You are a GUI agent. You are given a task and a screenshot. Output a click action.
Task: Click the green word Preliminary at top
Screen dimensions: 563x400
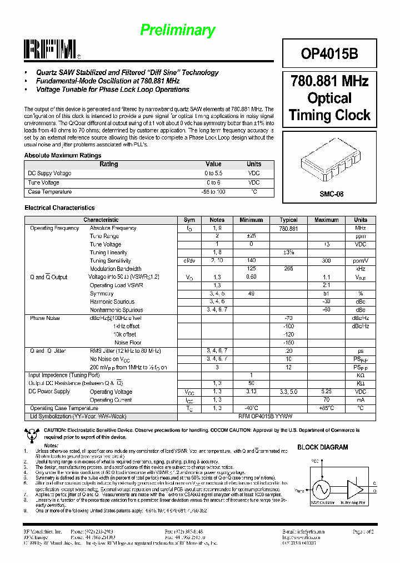(x=177, y=30)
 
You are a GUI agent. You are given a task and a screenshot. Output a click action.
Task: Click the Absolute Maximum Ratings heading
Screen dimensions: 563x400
(x=63, y=156)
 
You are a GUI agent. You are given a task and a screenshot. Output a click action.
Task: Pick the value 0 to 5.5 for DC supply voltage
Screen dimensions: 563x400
(x=213, y=174)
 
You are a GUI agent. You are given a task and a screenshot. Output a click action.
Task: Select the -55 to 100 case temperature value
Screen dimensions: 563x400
(x=213, y=192)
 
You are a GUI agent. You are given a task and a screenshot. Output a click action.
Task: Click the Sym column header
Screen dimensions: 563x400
(x=189, y=220)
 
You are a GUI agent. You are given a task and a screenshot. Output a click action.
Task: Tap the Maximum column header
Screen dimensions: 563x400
(x=326, y=220)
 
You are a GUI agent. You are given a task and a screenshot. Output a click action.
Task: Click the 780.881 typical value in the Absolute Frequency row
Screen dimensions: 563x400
(x=288, y=228)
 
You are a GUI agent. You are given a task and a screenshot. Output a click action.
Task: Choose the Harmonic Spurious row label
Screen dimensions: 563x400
(x=109, y=302)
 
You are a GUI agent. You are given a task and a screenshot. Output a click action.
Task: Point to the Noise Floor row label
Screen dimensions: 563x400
(x=127, y=343)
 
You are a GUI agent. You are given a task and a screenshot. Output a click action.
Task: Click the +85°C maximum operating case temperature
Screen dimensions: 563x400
(x=326, y=408)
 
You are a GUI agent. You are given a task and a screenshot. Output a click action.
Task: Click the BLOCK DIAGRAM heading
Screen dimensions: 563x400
(x=323, y=447)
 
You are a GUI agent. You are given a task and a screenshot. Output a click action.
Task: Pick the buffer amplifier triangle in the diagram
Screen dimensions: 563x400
(x=353, y=488)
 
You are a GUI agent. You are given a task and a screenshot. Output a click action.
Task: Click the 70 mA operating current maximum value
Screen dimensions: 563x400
(x=326, y=399)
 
